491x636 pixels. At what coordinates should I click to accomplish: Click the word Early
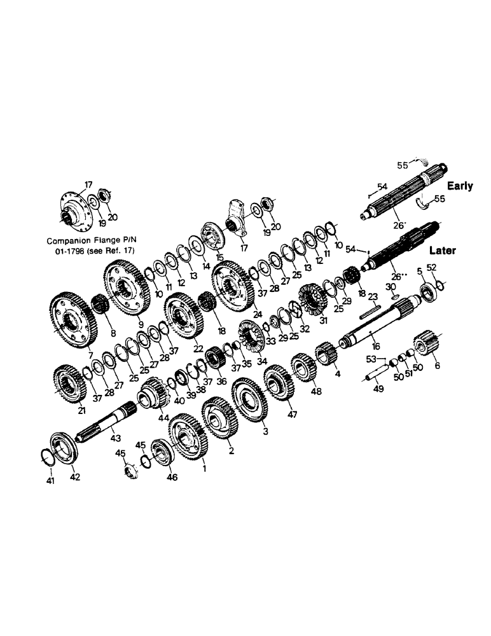tap(460, 186)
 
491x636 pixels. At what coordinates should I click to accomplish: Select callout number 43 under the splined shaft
tap(115, 438)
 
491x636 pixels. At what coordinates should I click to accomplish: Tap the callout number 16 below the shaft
tap(377, 347)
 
